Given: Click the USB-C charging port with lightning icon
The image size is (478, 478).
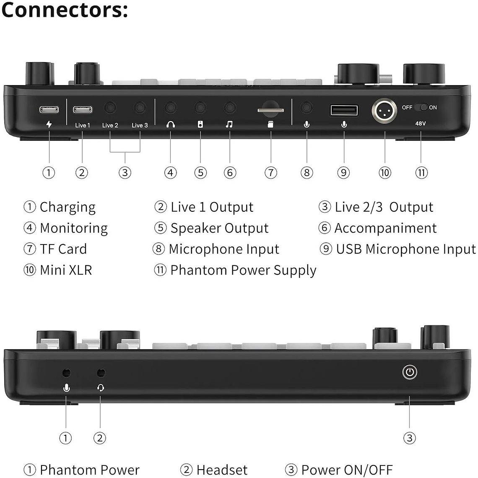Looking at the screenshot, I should [x=49, y=110].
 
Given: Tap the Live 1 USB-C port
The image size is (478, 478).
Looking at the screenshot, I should [x=83, y=110].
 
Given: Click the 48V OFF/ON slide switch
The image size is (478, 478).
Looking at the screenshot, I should [x=421, y=107].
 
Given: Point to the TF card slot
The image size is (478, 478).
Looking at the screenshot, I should [x=270, y=110].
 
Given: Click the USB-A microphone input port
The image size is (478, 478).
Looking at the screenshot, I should [x=344, y=110].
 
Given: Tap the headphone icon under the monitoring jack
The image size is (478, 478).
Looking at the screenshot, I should [x=170, y=125].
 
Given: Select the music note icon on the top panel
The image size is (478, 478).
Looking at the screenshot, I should [x=229, y=125].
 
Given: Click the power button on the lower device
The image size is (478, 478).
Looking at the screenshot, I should [x=410, y=372].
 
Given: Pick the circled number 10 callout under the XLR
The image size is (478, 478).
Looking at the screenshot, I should [x=384, y=172].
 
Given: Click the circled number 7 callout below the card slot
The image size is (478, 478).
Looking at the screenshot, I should [x=271, y=172].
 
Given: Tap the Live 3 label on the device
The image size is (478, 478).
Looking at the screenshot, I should [x=140, y=125].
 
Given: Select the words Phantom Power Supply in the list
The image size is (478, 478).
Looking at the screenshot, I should [x=243, y=270].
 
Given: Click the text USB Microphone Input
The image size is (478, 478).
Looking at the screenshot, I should [x=405, y=249].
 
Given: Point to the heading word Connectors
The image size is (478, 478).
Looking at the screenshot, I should [x=64, y=10].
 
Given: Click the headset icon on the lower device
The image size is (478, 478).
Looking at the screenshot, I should [x=101, y=388].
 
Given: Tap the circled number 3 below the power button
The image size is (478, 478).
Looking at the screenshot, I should [x=410, y=438].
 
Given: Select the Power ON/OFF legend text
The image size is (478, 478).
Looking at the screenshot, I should [x=347, y=470].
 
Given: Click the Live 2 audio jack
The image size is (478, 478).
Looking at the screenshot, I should [x=110, y=108].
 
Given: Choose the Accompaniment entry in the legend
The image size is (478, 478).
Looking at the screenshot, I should [x=385, y=228].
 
